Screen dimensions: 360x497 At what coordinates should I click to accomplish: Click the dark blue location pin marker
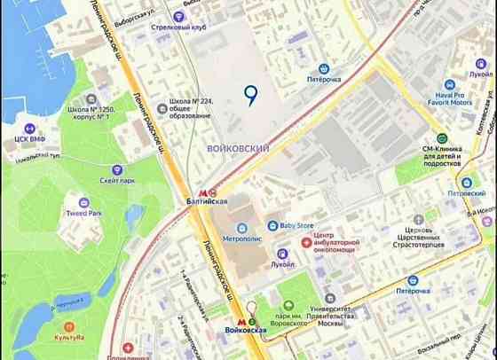251,95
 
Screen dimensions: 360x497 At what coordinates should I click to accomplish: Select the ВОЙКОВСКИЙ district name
237,149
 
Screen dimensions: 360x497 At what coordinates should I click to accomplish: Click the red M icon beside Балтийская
202,191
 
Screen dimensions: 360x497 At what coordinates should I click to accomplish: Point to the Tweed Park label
83,214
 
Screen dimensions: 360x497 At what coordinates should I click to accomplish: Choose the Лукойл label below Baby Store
284,263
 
